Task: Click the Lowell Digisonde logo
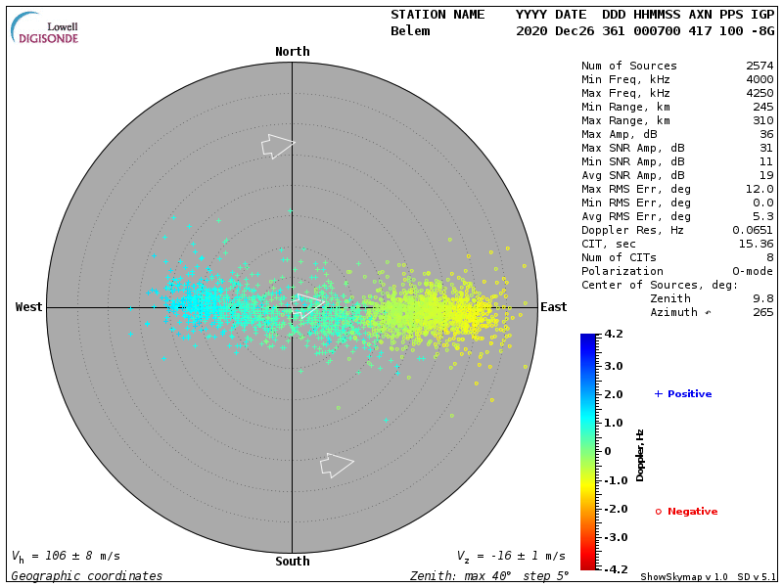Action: coord(45,27)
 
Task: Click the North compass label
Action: coord(292,52)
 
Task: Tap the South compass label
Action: coord(292,562)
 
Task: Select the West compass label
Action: coord(29,307)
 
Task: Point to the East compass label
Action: coord(554,307)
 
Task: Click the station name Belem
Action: coord(410,31)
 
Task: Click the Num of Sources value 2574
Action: coord(760,67)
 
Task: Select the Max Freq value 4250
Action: coord(760,94)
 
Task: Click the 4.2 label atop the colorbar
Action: coord(615,335)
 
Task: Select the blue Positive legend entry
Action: coord(683,394)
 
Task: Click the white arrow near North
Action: coord(278,146)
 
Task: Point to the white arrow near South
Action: coord(337,465)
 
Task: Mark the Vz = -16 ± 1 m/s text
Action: coord(511,556)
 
